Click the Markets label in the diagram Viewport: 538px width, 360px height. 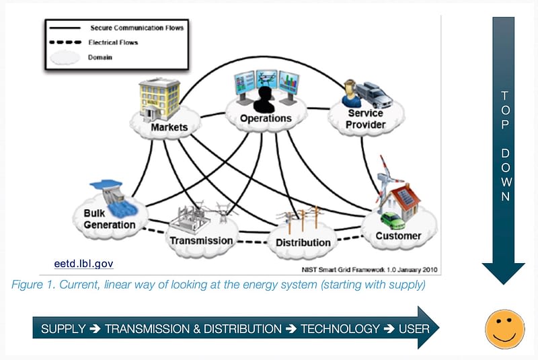tap(169, 127)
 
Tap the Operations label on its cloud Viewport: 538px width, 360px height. tap(266, 118)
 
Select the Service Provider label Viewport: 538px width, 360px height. tap(365, 118)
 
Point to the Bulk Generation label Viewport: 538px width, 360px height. tap(110, 219)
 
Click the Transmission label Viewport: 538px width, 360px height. tap(201, 241)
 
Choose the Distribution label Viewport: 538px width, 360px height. tap(303, 243)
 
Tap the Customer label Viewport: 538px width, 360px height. tap(398, 236)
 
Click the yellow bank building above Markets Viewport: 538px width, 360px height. tap(159, 99)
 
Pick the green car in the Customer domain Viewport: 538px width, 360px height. tap(393, 221)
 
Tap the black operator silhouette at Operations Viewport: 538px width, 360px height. tap(264, 100)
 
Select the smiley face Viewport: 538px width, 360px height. tap(505, 329)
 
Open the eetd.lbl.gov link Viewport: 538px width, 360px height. tap(83, 264)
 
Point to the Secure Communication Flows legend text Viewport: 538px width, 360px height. tap(137, 28)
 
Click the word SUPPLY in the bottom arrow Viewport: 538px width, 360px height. tap(63, 329)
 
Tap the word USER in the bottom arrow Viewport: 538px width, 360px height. tap(414, 329)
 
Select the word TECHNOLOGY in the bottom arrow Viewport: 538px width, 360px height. tap(340, 329)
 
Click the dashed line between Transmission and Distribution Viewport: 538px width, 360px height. tap(253, 242)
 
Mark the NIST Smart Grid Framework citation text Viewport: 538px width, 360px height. tap(369, 270)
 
